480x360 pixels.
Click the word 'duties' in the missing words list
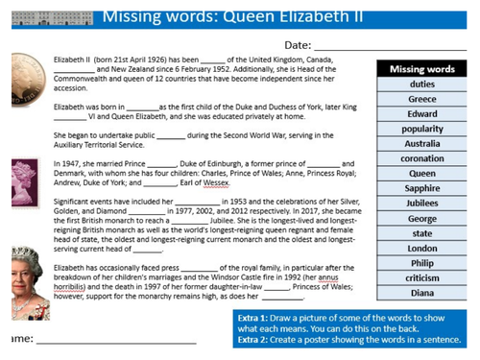tap(422, 84)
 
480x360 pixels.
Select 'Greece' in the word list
tap(422, 99)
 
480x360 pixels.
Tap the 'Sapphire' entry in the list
tap(422, 189)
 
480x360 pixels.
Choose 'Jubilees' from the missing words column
tap(422, 204)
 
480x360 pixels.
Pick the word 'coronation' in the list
tap(422, 158)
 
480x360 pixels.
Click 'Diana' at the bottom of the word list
tap(422, 294)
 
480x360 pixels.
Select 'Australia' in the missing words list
tap(422, 144)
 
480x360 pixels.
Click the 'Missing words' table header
tap(422, 69)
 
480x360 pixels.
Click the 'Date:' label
tap(298, 45)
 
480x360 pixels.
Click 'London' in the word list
tap(422, 249)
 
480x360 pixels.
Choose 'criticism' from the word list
tap(422, 278)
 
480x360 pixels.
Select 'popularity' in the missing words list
tap(422, 129)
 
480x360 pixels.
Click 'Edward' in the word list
tap(422, 114)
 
